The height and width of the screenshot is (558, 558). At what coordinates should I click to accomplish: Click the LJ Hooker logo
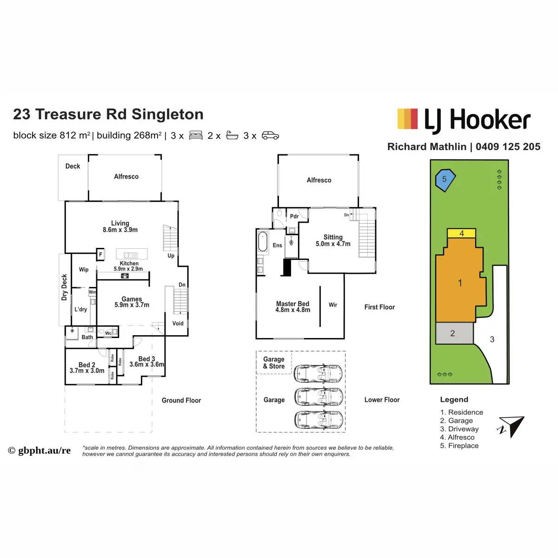[x=464, y=120]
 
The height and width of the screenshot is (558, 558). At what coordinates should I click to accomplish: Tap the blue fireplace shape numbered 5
[x=445, y=180]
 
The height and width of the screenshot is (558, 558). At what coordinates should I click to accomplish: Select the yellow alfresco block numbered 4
[x=461, y=233]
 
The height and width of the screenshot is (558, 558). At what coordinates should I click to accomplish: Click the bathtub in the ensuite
[x=263, y=241]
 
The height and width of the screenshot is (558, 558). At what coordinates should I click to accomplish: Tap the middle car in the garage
[x=319, y=397]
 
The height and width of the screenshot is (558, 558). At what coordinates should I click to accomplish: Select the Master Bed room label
[x=292, y=304]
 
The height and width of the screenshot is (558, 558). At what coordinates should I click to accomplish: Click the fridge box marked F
[x=100, y=254]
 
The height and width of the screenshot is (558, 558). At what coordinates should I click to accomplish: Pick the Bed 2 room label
[x=87, y=365]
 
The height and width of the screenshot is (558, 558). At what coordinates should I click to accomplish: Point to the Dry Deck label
[x=65, y=287]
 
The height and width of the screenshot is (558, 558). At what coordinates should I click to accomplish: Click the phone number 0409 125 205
[x=508, y=147]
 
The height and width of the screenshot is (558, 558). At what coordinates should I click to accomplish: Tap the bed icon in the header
[x=196, y=136]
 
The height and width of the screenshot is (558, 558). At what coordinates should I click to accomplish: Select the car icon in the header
[x=270, y=136]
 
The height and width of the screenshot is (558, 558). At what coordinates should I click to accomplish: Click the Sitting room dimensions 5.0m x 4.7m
[x=333, y=244]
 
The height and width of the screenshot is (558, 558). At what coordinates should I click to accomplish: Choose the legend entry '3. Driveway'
[x=459, y=429]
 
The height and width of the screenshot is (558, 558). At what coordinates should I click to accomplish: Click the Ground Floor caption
[x=181, y=400]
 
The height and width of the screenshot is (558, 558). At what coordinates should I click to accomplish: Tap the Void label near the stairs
[x=178, y=324]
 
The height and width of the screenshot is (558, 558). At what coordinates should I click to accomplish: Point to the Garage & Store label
[x=274, y=363]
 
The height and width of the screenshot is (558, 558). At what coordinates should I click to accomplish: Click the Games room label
[x=132, y=299]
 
